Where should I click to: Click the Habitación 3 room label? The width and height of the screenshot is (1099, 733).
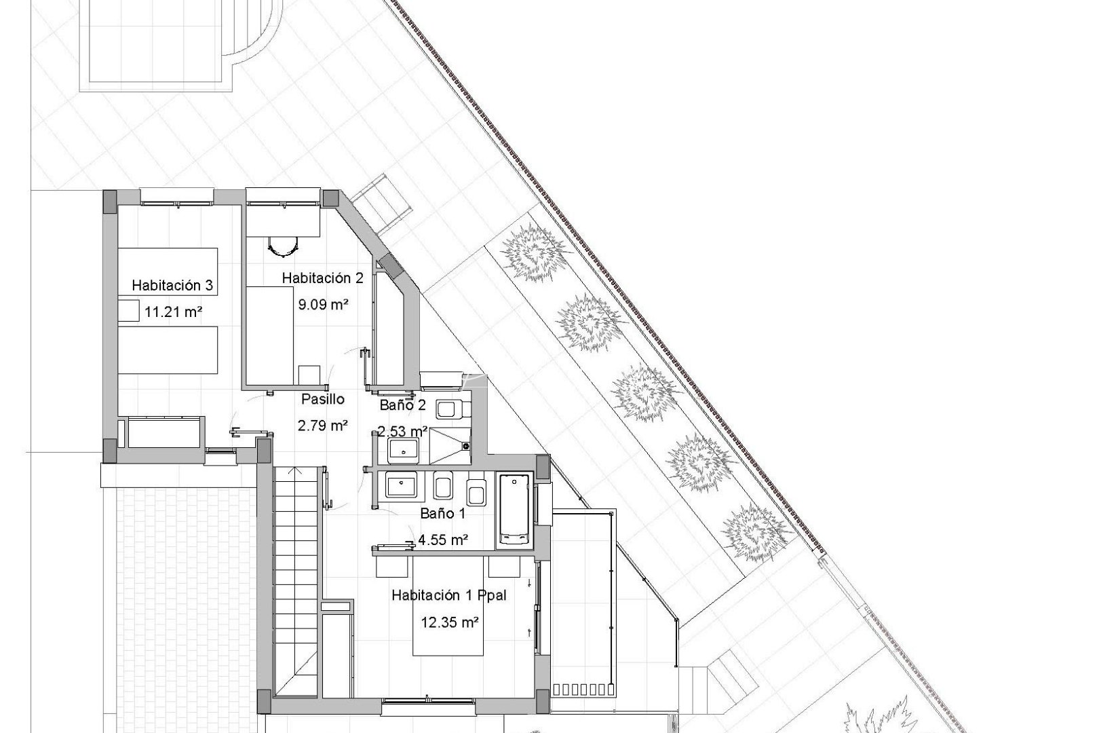pyautogui.click(x=172, y=285)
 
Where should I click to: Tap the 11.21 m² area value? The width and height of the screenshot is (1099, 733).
pyautogui.click(x=173, y=312)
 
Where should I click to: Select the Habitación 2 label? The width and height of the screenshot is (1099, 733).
pyautogui.click(x=323, y=278)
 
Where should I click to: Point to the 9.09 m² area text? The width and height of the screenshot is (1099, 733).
pyautogui.click(x=323, y=305)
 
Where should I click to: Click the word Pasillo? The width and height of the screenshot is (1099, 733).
pyautogui.click(x=323, y=399)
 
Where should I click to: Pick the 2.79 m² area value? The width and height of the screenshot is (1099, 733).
pyautogui.click(x=323, y=426)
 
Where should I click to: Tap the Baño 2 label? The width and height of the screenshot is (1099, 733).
pyautogui.click(x=402, y=406)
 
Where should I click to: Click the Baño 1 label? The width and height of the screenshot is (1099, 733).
pyautogui.click(x=442, y=514)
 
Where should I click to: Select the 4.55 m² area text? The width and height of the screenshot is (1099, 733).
pyautogui.click(x=442, y=540)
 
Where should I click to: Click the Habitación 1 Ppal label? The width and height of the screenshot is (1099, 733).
pyautogui.click(x=449, y=595)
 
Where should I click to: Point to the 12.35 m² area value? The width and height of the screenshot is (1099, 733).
pyautogui.click(x=449, y=622)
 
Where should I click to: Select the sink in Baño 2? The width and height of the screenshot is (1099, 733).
pyautogui.click(x=403, y=449)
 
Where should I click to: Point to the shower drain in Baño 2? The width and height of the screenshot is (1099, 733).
pyautogui.click(x=466, y=446)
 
